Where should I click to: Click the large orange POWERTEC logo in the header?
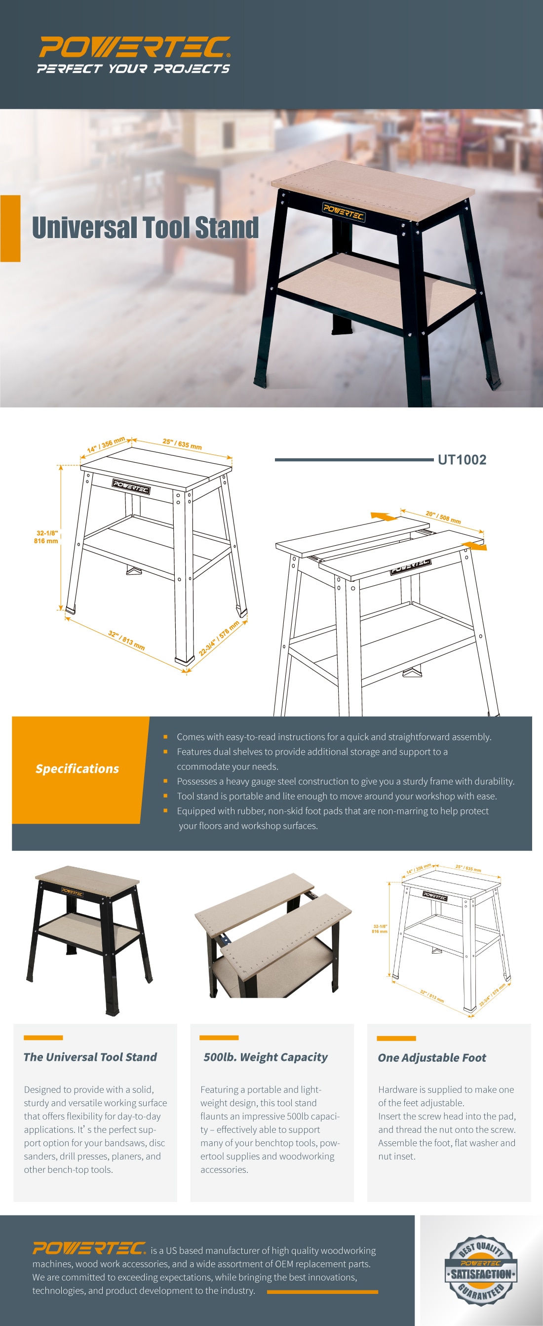[134, 47]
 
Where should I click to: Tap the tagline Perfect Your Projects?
[133, 69]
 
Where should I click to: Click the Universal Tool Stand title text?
[145, 228]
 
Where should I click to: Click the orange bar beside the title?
[10, 228]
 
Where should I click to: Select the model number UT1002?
[462, 460]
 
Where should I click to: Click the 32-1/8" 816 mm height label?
[46, 537]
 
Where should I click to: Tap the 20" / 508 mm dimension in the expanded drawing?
[443, 517]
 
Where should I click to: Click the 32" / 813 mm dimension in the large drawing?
[126, 640]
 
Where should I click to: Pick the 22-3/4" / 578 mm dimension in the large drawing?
[219, 638]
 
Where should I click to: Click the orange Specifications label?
[77, 768]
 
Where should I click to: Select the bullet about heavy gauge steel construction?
[345, 781]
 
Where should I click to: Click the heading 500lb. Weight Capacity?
[265, 1057]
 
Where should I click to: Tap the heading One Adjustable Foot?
[432, 1057]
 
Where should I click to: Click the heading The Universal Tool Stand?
[90, 1057]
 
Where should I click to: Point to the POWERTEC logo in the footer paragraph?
[89, 1248]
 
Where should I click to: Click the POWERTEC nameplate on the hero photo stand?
[343, 211]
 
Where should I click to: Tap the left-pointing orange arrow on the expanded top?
[384, 516]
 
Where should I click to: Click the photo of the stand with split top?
[273, 936]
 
